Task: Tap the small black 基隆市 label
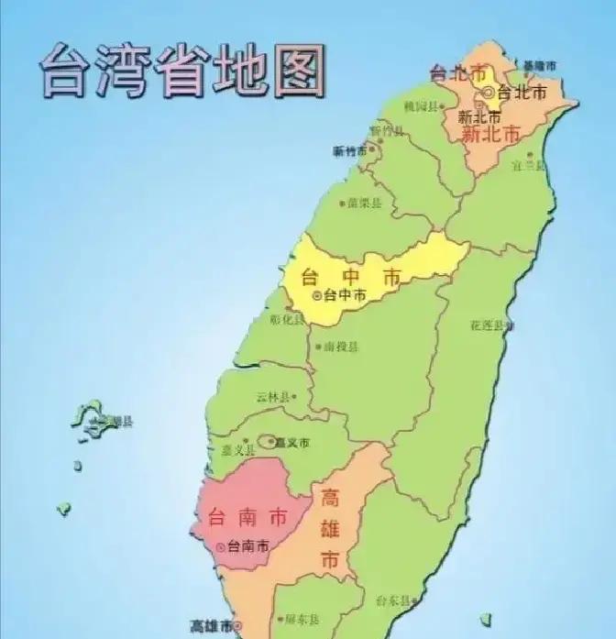[538, 65]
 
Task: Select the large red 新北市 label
[490, 135]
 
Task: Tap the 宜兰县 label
[529, 166]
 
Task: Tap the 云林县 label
[273, 397]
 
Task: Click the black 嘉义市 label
[291, 443]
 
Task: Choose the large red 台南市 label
[247, 516]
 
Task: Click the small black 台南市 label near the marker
[248, 546]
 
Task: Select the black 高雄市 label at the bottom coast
[211, 627]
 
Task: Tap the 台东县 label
[394, 600]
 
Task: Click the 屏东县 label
[302, 622]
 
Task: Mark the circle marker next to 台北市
[489, 92]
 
